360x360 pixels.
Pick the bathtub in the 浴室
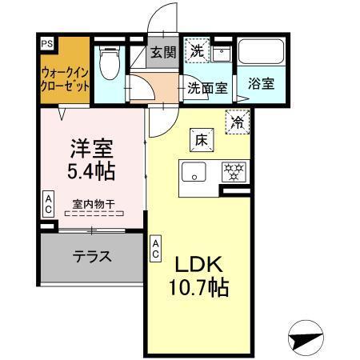point(261,55)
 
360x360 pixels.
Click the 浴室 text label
point(261,82)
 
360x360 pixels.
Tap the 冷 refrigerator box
point(238,121)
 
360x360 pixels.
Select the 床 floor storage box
point(200,139)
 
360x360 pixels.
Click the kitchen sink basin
point(194,170)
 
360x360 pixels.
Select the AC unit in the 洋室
point(48,205)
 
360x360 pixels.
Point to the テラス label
point(92,258)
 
